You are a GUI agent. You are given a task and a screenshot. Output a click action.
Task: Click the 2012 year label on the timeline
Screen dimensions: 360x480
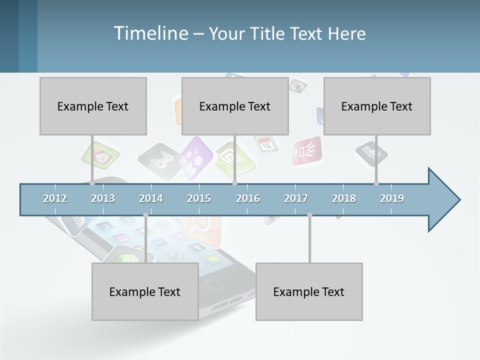point(55,198)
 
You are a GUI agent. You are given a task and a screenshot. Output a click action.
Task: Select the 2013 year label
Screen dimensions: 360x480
point(103,198)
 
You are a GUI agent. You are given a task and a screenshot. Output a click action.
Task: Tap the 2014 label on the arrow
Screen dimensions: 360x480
point(151,198)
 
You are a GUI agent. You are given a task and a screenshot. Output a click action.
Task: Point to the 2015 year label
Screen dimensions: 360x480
point(199,198)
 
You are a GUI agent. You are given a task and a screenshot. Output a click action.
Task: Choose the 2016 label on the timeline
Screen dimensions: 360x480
point(248,198)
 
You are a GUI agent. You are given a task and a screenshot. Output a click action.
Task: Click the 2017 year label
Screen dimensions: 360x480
point(296,198)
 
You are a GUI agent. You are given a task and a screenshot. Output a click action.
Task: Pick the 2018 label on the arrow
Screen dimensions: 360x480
point(344,198)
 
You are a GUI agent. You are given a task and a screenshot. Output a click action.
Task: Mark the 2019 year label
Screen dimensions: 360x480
point(392,198)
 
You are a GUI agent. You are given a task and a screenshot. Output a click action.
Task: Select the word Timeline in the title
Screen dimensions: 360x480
point(150,33)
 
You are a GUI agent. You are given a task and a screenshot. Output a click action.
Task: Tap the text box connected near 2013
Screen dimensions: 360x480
point(93,106)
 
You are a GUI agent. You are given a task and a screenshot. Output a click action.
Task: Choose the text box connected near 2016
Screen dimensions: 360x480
point(235,106)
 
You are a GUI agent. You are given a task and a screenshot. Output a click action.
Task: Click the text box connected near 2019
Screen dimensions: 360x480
point(377,106)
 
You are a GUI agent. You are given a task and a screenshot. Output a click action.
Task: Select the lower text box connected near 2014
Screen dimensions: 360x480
point(145,291)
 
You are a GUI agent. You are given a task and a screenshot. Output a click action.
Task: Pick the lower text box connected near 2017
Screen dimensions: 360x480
point(309,291)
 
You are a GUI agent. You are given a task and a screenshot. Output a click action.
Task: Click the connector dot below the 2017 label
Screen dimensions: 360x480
point(309,215)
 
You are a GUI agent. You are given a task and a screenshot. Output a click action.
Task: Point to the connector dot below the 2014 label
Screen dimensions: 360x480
point(145,215)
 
